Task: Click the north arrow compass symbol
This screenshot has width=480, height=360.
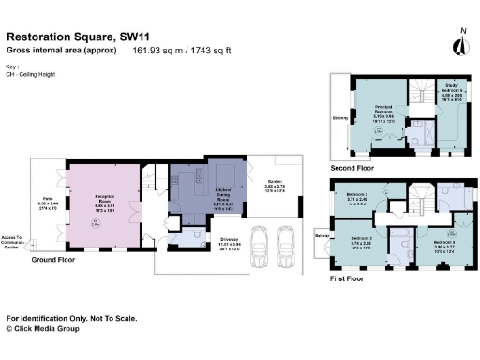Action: coord(460,44)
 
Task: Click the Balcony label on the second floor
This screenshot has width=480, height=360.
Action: coord(338,118)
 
